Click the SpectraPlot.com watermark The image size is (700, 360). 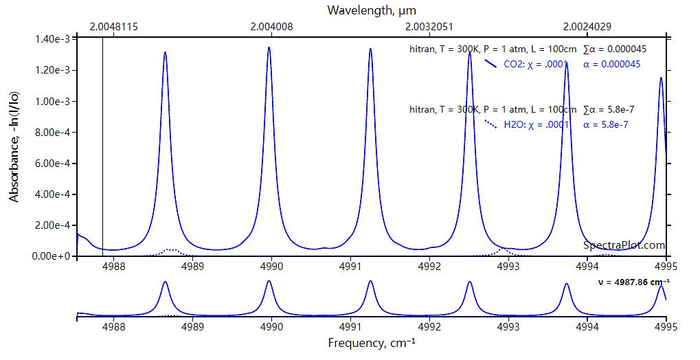624,245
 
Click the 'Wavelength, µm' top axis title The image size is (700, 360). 371,10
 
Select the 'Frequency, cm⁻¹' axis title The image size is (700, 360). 371,342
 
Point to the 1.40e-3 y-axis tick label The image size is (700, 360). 53,39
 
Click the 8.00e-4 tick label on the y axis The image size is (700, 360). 53,133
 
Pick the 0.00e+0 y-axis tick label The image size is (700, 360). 52,256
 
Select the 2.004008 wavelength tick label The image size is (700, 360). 271,27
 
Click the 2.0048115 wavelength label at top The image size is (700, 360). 114,27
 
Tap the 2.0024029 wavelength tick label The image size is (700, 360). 586,27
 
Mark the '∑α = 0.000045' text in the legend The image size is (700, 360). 614,49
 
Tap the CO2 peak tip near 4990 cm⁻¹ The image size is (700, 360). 269,47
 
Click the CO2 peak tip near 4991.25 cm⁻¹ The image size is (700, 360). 370,49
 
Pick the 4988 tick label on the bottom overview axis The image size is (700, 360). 113,328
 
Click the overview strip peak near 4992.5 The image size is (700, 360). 469,282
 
